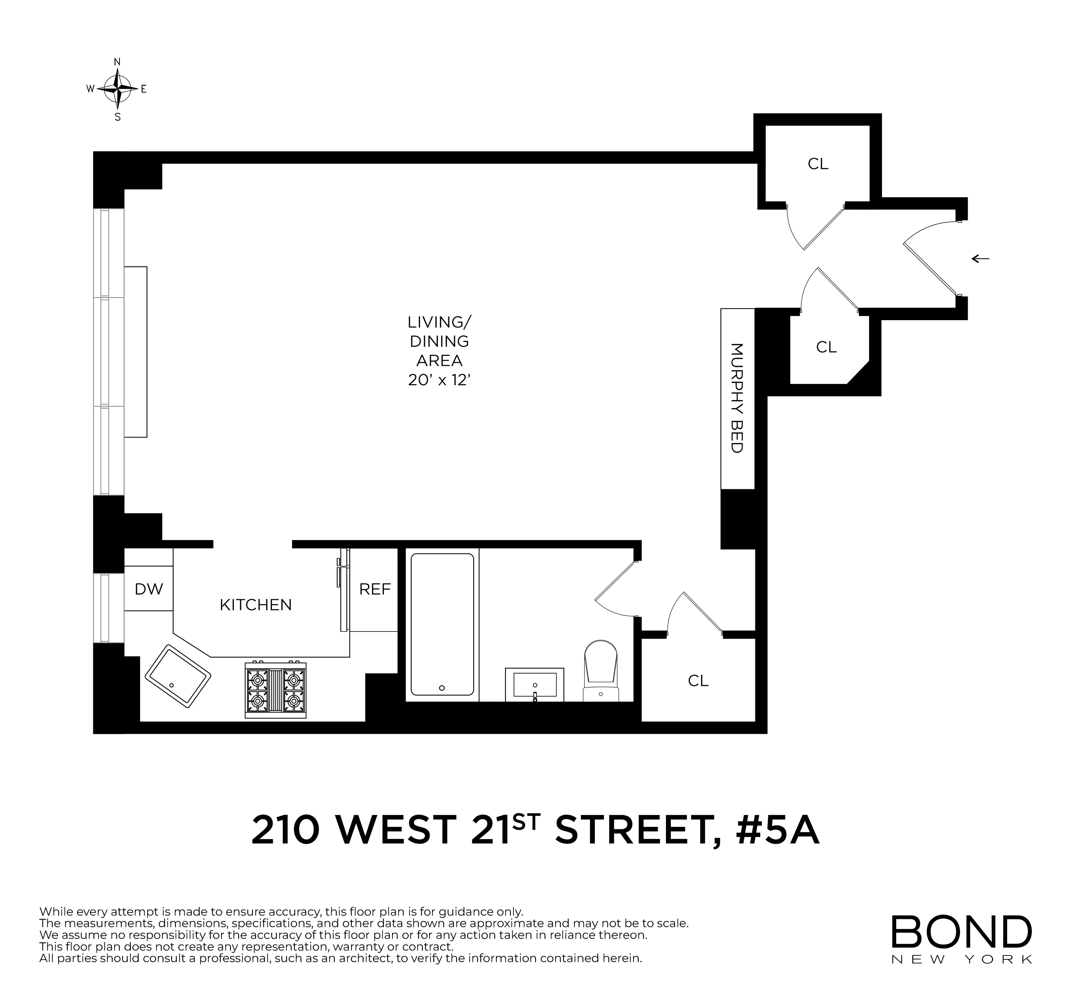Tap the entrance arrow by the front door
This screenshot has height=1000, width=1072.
pyautogui.click(x=980, y=259)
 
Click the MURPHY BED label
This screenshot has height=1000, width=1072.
pyautogui.click(x=737, y=398)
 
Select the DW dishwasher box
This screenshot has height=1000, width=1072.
pyautogui.click(x=148, y=589)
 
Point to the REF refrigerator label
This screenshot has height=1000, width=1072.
pyautogui.click(x=375, y=589)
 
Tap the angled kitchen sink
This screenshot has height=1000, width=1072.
pyautogui.click(x=178, y=676)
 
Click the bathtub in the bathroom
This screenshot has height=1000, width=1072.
pyautogui.click(x=442, y=624)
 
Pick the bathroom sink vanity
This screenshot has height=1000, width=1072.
pyautogui.click(x=534, y=685)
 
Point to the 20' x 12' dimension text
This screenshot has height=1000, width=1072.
pyautogui.click(x=440, y=380)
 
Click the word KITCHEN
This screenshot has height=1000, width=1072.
pyautogui.click(x=256, y=605)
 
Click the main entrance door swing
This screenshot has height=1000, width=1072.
pyautogui.click(x=930, y=259)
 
